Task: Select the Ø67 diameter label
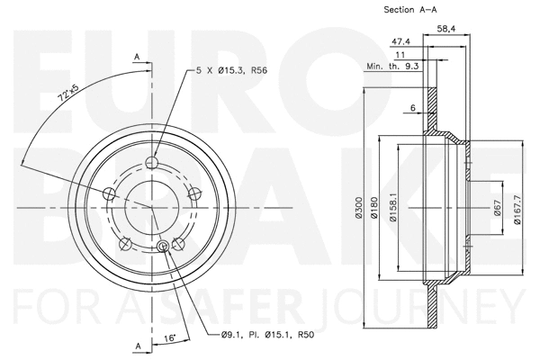(x=496, y=209)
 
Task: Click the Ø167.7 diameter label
(x=518, y=209)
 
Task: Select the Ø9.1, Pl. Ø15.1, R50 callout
(x=268, y=336)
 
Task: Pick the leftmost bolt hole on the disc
(x=110, y=193)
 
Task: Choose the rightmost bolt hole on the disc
(x=194, y=194)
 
